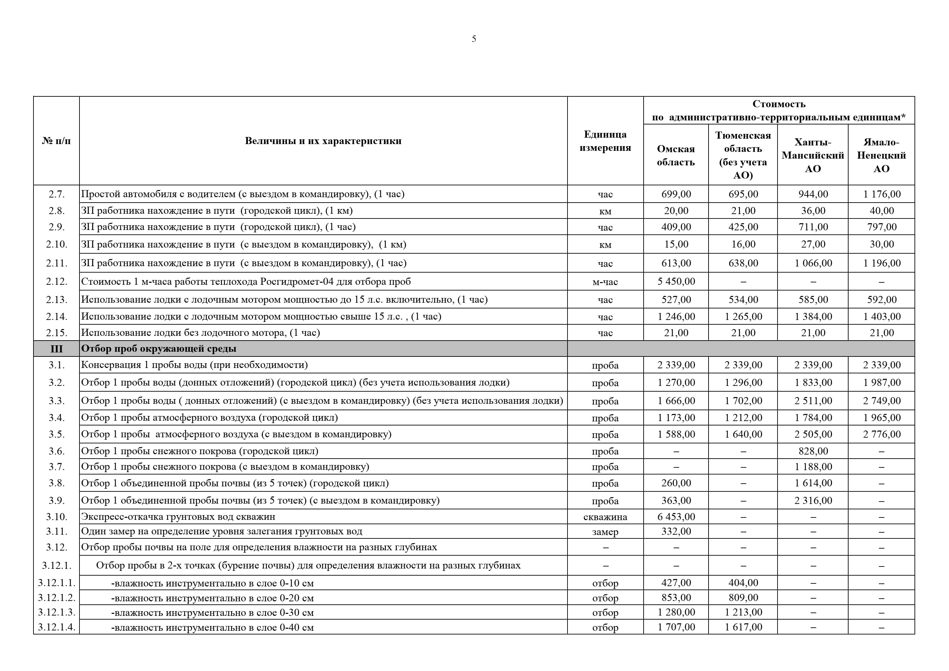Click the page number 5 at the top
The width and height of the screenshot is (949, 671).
(x=474, y=39)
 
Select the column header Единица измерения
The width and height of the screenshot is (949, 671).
(x=605, y=141)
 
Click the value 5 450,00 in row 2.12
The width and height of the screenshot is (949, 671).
(x=676, y=281)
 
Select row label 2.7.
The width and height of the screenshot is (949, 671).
(x=56, y=194)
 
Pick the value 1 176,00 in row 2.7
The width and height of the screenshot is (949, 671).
(x=882, y=194)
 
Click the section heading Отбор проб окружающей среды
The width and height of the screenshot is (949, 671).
(x=159, y=349)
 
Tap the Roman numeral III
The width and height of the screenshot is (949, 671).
(x=56, y=349)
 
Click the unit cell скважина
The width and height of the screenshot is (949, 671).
(x=605, y=517)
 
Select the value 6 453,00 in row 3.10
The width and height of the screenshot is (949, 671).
(x=676, y=517)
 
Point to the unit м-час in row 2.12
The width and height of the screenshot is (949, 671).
(x=605, y=282)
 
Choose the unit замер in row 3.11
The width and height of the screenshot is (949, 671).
(x=605, y=532)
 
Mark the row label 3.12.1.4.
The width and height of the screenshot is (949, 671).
(x=56, y=627)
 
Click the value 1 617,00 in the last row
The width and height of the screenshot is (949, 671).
(x=743, y=627)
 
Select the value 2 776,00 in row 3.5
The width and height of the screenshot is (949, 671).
(x=882, y=435)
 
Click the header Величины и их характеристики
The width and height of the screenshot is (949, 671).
(x=323, y=141)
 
